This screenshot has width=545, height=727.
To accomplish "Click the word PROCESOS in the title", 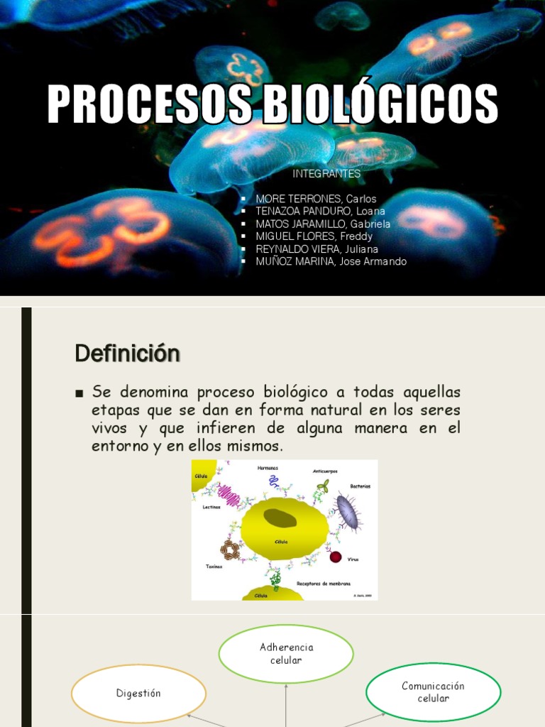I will click(148, 105).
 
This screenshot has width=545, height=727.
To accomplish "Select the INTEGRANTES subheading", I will click(326, 174).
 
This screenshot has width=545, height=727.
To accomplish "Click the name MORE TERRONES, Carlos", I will click(316, 199).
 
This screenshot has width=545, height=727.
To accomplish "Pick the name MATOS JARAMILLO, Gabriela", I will click(323, 224).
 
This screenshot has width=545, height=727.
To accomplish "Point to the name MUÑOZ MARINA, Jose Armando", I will click(331, 261).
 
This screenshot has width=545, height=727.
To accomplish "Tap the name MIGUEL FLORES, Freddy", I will click(314, 236).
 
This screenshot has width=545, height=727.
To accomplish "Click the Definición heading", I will click(127, 353).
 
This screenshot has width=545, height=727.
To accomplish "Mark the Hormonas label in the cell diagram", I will click(268, 468).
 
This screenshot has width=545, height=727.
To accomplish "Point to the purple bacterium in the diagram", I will click(347, 513).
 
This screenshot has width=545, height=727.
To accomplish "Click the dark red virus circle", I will click(336, 557).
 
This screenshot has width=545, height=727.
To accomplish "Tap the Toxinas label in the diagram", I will click(214, 567).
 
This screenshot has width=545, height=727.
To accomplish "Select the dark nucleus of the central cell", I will click(280, 518).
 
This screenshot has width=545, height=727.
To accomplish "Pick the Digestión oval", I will click(138, 694).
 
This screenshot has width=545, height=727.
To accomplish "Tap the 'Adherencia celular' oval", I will click(286, 654).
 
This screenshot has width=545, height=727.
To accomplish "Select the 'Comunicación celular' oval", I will click(433, 692).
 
